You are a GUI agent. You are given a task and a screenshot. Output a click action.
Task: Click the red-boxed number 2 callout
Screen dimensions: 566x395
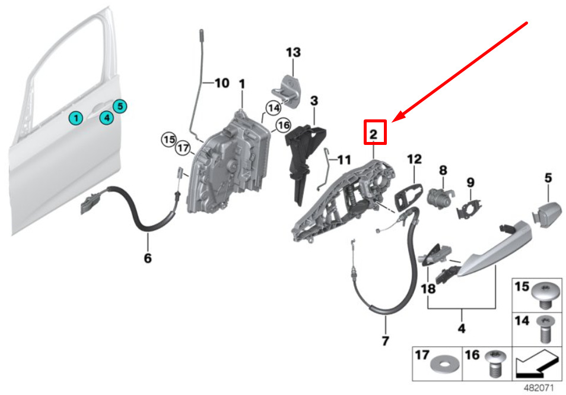click(x=375, y=132)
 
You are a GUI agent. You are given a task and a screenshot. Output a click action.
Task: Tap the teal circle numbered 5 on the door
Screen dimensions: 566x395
click(x=120, y=106)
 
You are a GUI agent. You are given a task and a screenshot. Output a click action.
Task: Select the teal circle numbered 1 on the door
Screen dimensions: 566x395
click(x=76, y=118)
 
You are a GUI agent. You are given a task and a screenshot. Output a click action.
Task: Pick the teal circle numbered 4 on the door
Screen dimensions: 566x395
click(x=106, y=118)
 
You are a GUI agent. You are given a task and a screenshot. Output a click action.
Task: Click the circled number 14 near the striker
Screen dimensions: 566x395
click(x=274, y=108)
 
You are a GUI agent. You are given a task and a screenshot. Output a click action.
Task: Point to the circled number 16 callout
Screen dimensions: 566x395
click(x=284, y=125)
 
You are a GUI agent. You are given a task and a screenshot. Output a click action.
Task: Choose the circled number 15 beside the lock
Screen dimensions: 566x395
click(x=169, y=139)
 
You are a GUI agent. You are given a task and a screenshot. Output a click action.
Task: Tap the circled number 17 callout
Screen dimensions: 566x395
click(x=183, y=148)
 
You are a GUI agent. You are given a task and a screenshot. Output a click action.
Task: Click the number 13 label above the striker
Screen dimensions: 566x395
click(x=293, y=52)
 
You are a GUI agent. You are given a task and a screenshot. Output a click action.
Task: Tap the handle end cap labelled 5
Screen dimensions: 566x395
click(x=548, y=214)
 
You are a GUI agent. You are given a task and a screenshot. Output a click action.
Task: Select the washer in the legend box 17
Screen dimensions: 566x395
click(x=445, y=365)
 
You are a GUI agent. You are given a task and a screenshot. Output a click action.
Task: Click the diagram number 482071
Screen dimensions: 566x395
click(x=539, y=388)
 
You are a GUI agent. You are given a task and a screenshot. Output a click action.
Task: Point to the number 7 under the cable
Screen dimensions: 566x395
click(x=385, y=340)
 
